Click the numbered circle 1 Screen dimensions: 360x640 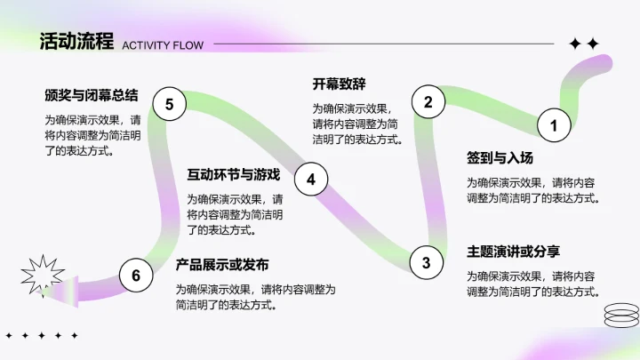tap(554, 125)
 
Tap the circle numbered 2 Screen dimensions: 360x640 tap(428, 101)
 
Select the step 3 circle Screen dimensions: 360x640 tap(426, 262)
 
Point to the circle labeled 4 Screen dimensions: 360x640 tap(311, 180)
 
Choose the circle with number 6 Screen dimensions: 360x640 tap(136, 276)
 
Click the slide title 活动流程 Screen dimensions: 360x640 tap(76, 42)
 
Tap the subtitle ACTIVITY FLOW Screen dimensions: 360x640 tap(163, 45)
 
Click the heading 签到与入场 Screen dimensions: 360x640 tap(500, 158)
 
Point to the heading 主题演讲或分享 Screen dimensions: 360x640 tap(514, 251)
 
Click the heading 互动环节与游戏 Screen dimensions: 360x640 tap(234, 174)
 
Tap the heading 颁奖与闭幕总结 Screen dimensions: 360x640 tap(92, 94)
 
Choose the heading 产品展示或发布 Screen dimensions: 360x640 tap(221, 265)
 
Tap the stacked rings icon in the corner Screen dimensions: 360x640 tap(620, 315)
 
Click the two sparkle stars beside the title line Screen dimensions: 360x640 tap(584, 44)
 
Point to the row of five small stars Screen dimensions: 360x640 tap(42, 336)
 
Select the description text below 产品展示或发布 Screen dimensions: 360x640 tap(256, 297)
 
